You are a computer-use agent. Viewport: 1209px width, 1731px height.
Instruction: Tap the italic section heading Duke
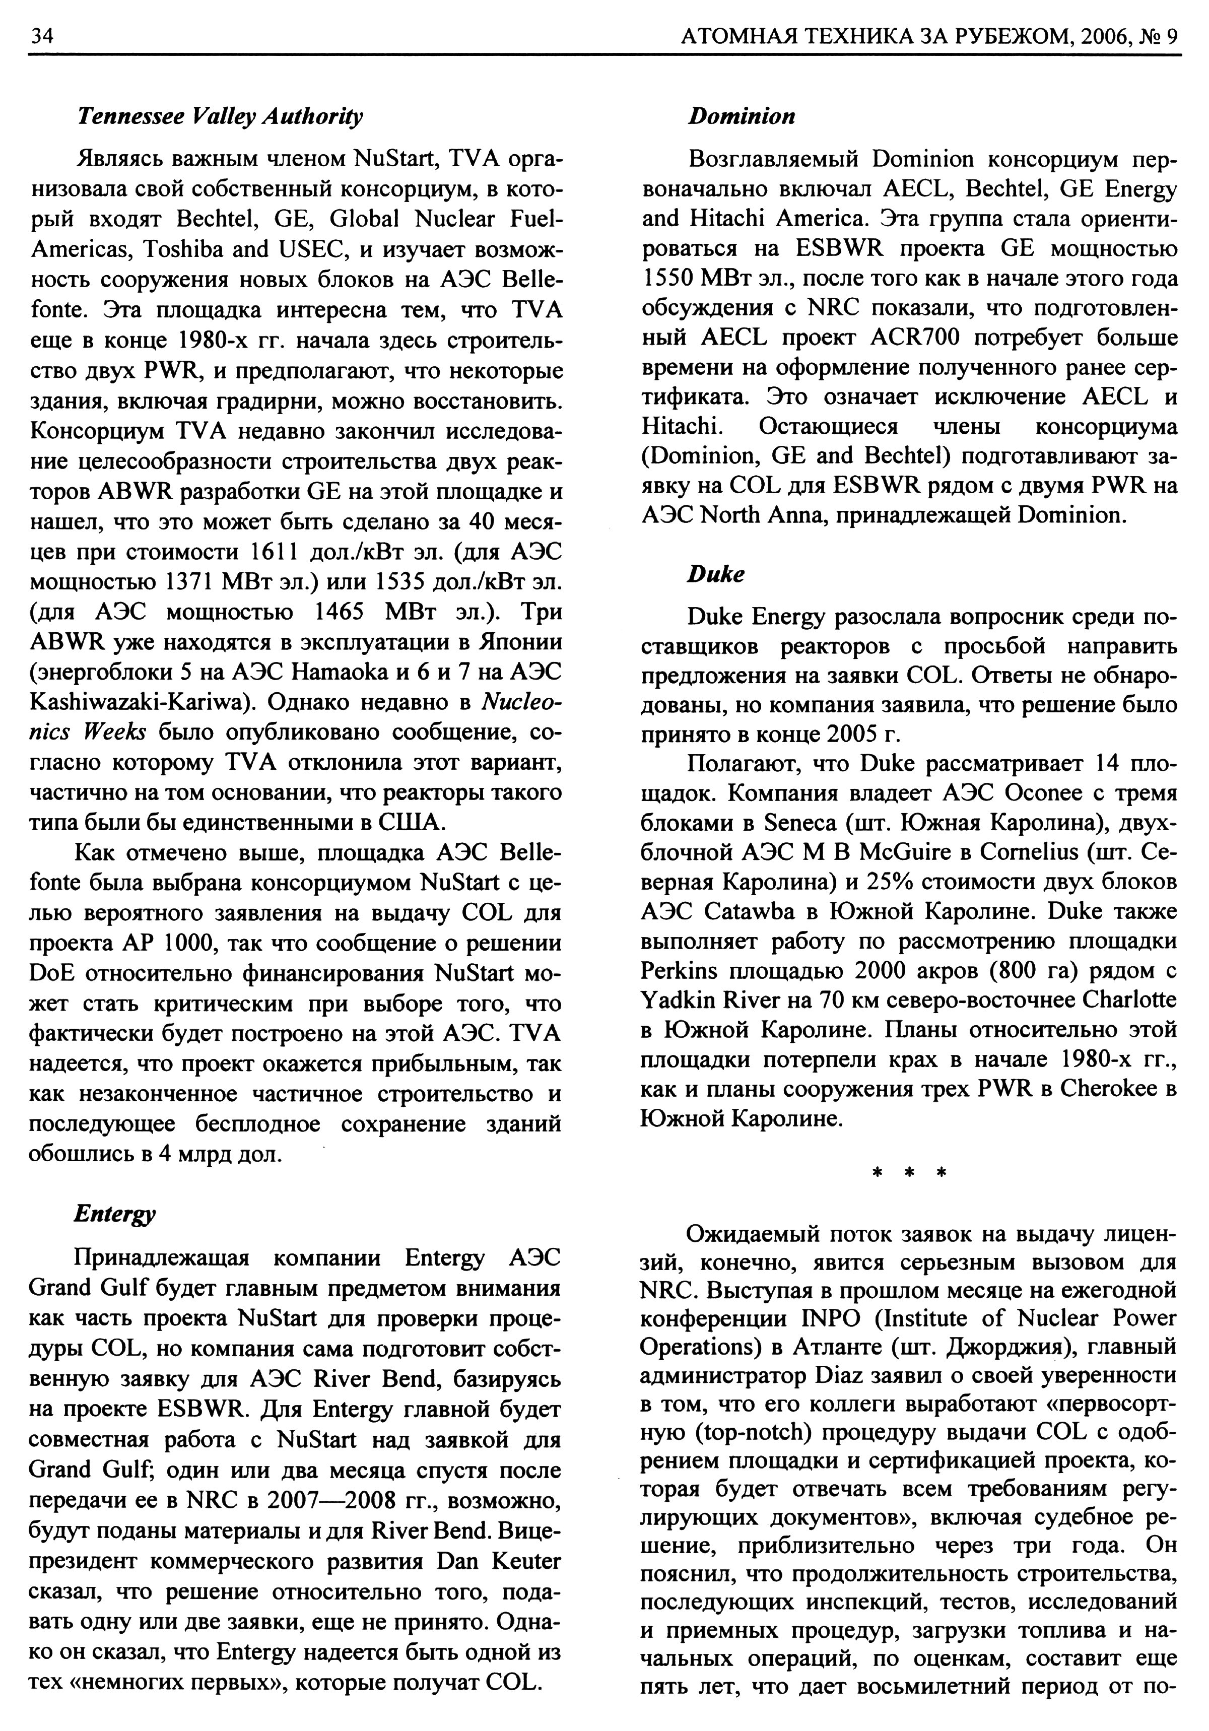[715, 574]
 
